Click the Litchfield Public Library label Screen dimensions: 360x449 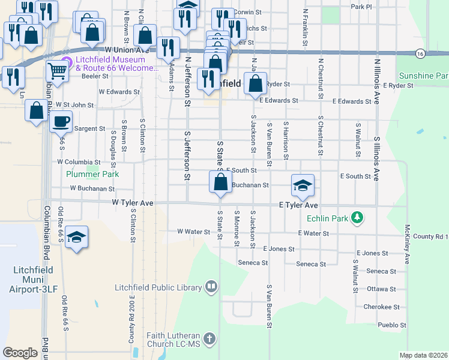(x=158, y=288)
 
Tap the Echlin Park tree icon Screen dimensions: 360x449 (x=358, y=216)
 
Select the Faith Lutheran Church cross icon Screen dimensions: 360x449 (x=209, y=340)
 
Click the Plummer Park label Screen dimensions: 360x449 (x=92, y=174)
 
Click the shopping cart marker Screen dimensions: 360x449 (x=57, y=71)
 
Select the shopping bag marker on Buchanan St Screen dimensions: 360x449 (x=220, y=182)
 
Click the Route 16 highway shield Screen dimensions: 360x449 (x=420, y=53)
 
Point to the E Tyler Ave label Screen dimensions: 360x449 (x=298, y=205)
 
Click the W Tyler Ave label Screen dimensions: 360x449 (x=132, y=203)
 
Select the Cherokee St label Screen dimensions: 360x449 (x=381, y=307)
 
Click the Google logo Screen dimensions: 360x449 (x=20, y=353)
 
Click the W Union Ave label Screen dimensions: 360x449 (x=126, y=50)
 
